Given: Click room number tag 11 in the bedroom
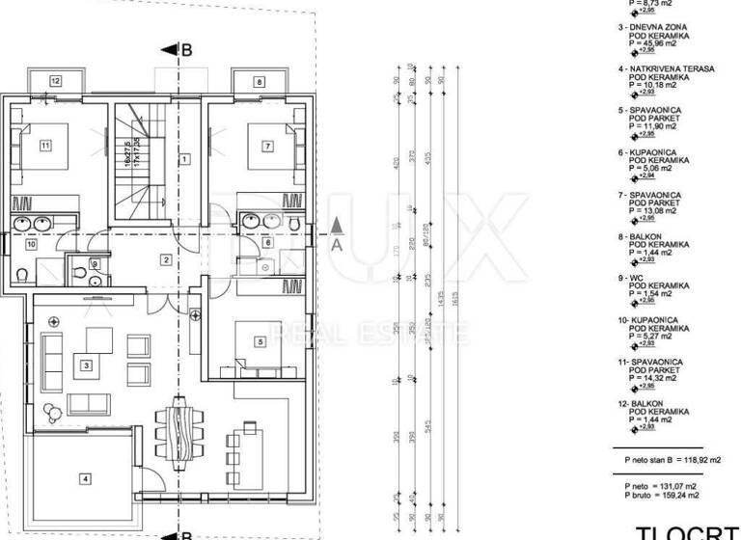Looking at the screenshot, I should pos(44,147).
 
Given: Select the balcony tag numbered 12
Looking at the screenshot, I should pos(56,82).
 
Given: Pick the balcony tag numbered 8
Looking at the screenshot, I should pos(259,82).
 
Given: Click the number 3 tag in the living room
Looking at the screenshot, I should pos(87,365).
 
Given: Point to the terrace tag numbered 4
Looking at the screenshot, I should pos(85,478).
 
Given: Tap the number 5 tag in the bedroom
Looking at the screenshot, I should pos(260,341).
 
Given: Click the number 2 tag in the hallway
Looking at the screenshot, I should pos(166,258).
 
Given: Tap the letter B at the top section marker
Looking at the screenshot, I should pos(187,49).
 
